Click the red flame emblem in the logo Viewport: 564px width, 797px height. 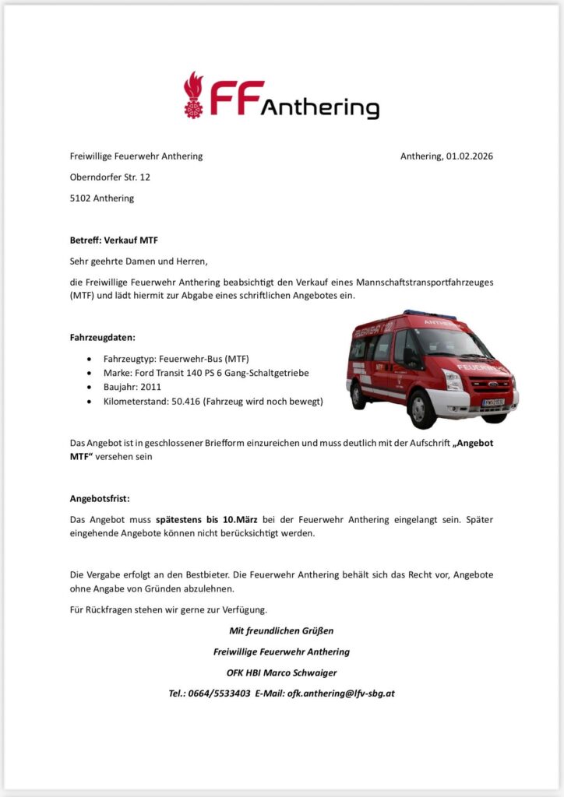coord(192,94)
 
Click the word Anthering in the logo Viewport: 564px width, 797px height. coord(319,108)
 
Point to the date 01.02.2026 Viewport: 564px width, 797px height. coord(470,156)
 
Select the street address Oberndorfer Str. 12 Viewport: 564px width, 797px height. coord(110,177)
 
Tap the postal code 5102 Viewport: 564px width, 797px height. coord(80,198)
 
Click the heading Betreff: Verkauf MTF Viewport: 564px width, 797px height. coord(114,241)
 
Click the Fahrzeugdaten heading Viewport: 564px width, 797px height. coord(103,338)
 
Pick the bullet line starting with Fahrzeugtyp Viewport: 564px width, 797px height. coord(176,359)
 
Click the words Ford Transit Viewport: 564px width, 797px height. coord(163,373)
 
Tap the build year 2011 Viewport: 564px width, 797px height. coord(151,387)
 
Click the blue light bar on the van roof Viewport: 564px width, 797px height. coord(429,314)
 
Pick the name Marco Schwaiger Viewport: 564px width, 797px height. coord(299,672)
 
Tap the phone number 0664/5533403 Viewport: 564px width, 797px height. coord(219,693)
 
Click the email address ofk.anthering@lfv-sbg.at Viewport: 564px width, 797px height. coord(341,693)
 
